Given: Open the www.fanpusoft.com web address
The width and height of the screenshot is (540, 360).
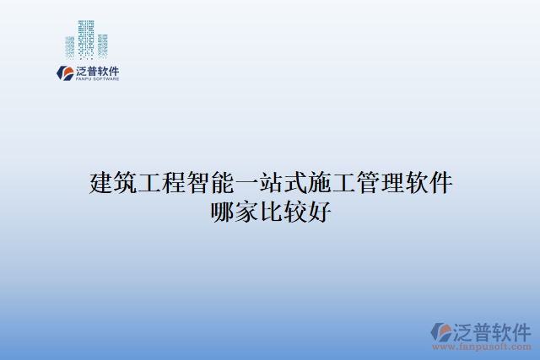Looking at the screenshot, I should click(x=482, y=347).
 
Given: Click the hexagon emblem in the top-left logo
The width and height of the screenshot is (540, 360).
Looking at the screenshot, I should click(x=65, y=73).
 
